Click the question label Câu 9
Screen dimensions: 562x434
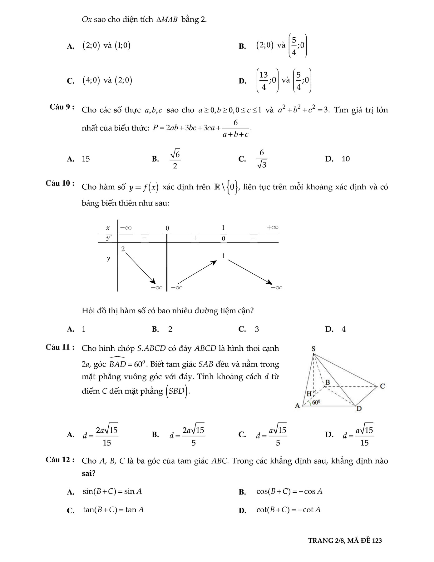pyautogui.click(x=62, y=107)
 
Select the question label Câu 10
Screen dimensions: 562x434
pyautogui.click(x=60, y=183)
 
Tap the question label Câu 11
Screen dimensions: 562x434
pyautogui.click(x=60, y=347)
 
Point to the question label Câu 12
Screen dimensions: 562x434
pyautogui.click(x=60, y=460)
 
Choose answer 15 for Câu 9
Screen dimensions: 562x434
pyautogui.click(x=86, y=159)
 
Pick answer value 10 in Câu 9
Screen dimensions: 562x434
pyautogui.click(x=346, y=159)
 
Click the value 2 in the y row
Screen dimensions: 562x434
pyautogui.click(x=123, y=249)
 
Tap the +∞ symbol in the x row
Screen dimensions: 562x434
pyautogui.click(x=272, y=227)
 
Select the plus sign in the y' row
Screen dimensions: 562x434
pyautogui.click(x=195, y=238)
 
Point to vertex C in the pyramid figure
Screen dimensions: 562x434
pyautogui.click(x=382, y=386)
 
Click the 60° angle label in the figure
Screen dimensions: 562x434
pyautogui.click(x=316, y=402)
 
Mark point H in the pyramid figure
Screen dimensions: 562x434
pyautogui.click(x=309, y=394)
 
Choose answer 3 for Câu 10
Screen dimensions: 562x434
pyautogui.click(x=257, y=329)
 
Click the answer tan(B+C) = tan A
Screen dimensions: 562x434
pyautogui.click(x=113, y=510)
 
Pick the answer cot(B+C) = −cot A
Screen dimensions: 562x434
pyautogui.click(x=288, y=510)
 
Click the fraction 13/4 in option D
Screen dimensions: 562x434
pyautogui.click(x=264, y=81)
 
